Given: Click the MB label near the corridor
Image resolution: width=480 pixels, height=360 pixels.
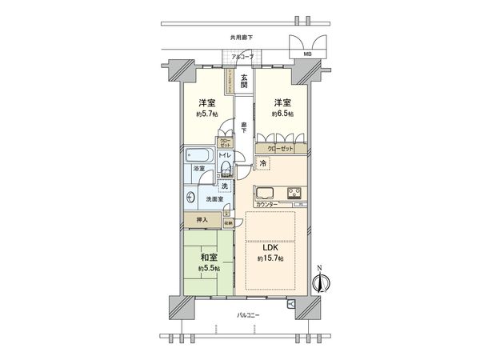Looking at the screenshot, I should pyautogui.click(x=307, y=54).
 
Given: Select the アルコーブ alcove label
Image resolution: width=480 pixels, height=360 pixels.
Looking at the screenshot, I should pyautogui.click(x=242, y=57).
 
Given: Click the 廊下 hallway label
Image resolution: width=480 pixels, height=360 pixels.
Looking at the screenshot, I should pyautogui.click(x=242, y=126).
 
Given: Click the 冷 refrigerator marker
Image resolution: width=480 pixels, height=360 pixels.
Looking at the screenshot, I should pyautogui.click(x=263, y=163).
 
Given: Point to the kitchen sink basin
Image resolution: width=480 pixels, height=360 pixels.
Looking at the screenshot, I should pyautogui.click(x=266, y=193).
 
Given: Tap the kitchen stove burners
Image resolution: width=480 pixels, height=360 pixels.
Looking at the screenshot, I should pyautogui.click(x=293, y=193).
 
